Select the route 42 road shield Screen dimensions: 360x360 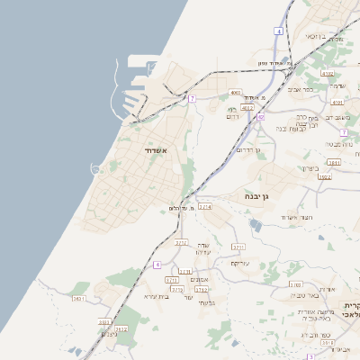[261, 117]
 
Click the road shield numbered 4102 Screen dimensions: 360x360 [327, 75]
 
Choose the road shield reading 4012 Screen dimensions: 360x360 [247, 107]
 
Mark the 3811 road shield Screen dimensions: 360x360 [334, 163]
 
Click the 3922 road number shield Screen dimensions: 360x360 [325, 177]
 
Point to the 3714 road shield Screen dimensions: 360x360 [204, 207]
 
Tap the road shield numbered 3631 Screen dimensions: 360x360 [78, 298]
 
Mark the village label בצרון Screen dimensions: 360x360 [310, 167]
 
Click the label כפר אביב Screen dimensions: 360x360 [301, 89]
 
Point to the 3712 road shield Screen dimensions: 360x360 [202, 290]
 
